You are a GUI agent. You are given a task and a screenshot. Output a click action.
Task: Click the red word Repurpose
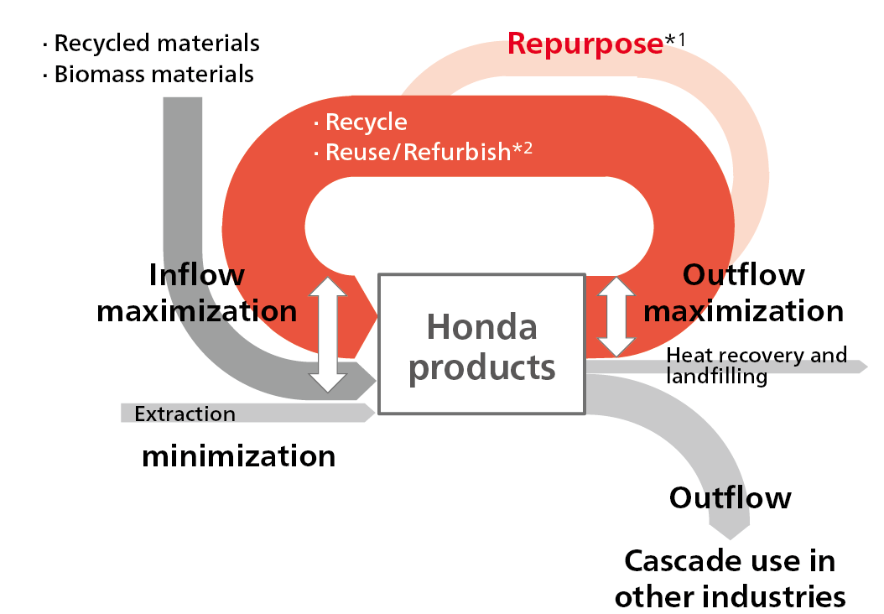[585, 44]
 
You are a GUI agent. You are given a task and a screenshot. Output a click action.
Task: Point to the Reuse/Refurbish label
[417, 152]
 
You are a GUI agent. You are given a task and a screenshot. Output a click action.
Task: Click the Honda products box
[481, 344]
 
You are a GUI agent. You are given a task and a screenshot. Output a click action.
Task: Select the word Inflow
[196, 275]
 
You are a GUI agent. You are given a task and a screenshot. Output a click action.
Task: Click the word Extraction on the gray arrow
[185, 414]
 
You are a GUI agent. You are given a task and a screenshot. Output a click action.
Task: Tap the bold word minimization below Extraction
[238, 456]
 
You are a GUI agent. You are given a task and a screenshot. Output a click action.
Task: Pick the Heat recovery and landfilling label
[756, 366]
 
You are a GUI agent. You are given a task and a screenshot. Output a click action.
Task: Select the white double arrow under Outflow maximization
[616, 318]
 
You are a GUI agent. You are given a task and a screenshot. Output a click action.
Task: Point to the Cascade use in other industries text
[730, 578]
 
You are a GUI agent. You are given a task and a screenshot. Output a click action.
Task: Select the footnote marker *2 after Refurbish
[523, 148]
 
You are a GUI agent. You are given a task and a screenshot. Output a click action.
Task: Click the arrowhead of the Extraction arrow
[369, 413]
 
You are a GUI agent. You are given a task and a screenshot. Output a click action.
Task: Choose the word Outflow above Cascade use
[730, 497]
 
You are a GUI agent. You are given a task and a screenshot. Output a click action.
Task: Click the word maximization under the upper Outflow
[743, 311]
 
